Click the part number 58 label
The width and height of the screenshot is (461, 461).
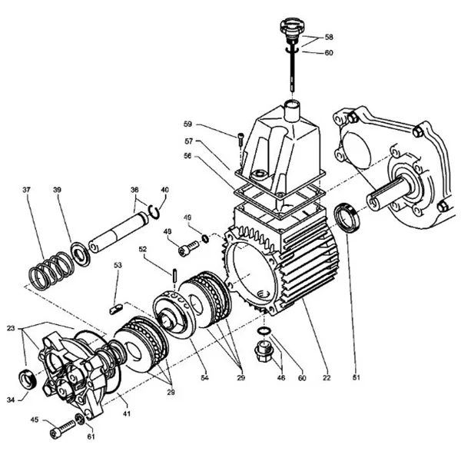(x=329, y=37)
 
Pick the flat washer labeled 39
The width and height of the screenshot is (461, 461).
(x=79, y=252)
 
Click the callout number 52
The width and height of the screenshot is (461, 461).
(x=143, y=249)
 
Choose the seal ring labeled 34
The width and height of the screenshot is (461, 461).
(x=29, y=379)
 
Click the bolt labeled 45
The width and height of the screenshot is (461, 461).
(x=59, y=432)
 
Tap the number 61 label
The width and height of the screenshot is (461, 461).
(x=92, y=438)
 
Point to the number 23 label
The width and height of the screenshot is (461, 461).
(x=12, y=329)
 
